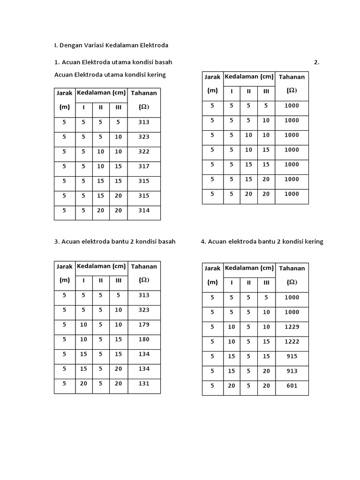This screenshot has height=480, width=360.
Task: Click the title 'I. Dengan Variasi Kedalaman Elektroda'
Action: pos(111,45)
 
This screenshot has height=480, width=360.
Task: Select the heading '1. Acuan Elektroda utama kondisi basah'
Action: pos(116,62)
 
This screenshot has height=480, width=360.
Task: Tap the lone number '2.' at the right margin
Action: pos(317,62)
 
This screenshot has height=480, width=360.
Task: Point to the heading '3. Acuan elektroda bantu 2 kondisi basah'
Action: pos(115,241)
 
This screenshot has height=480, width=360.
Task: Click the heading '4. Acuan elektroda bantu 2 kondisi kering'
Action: pos(262,241)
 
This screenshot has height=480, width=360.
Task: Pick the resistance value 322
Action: pos(144,151)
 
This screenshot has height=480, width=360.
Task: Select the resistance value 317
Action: pos(144,166)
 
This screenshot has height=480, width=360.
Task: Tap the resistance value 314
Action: pos(144,210)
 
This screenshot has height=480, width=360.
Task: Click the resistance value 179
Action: pos(144,324)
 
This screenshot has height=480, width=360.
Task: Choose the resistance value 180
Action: pos(144,339)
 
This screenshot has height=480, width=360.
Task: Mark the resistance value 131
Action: pos(144,383)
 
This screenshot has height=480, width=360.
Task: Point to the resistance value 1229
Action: pos(292,327)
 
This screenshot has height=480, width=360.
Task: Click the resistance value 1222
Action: pos(292,342)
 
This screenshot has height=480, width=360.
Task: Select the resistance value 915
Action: pos(292,356)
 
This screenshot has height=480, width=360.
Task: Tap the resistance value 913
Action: pos(292,371)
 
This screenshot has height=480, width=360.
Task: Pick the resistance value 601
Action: pos(292,386)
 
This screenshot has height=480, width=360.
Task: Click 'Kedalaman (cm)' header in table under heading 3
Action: pos(101,266)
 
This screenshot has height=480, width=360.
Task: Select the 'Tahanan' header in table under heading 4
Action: pos(292,269)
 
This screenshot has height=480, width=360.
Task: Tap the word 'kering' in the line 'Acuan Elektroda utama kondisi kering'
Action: pos(156,75)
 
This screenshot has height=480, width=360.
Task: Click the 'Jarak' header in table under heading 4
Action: pos(212,269)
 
